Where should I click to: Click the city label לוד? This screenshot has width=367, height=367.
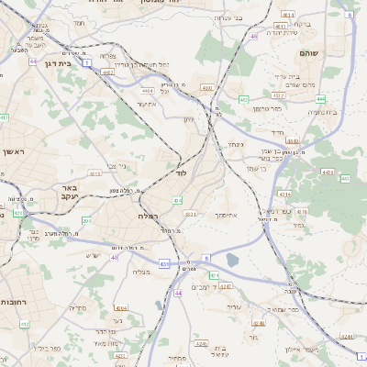pos(181,172)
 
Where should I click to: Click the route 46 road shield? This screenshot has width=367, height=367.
pos(253,36)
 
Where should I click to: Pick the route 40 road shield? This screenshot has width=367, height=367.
pos(115,257)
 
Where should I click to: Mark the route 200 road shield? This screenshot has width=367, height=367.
pos(86,220)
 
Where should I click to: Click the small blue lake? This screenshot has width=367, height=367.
pos(232,261)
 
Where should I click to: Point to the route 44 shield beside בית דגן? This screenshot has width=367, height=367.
pos(32,61)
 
